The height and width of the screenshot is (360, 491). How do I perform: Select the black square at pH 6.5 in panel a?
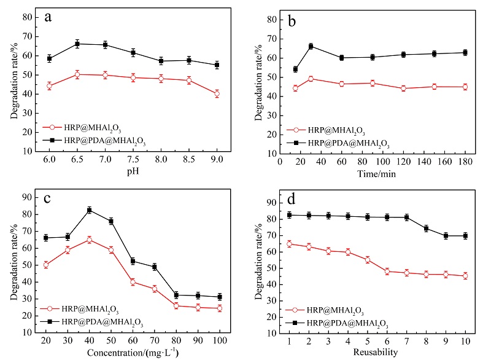pos(77,44)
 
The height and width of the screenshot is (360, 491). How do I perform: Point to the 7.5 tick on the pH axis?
pos(133,159)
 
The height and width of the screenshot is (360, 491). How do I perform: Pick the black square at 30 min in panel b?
pos(311,46)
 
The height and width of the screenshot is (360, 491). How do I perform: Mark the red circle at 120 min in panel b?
pos(403,88)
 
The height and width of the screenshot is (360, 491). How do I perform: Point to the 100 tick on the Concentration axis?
pos(219,339)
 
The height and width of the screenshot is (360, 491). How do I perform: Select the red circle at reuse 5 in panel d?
pos(368,260)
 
